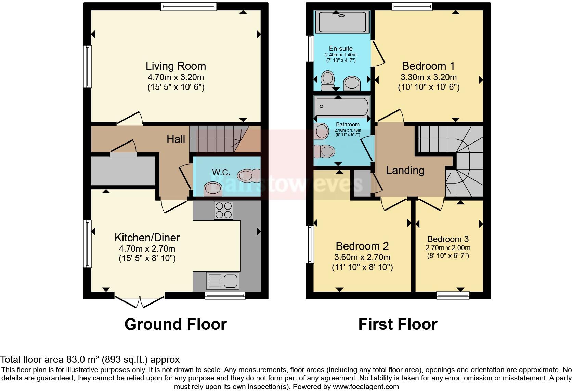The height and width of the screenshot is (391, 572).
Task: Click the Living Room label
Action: [175, 66]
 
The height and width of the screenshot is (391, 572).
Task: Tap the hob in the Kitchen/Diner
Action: [223, 210]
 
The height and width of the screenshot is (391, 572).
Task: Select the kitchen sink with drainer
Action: [222, 281]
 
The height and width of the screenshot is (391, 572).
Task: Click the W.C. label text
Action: [221, 173]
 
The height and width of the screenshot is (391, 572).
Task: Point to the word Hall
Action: [176, 139]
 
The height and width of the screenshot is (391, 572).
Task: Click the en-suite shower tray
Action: [342, 22]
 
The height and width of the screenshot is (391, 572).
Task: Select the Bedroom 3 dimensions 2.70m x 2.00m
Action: [447, 248]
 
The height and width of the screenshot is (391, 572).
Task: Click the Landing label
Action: [405, 170]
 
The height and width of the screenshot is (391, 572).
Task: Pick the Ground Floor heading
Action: [175, 324]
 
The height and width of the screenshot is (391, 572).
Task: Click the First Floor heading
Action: [398, 324]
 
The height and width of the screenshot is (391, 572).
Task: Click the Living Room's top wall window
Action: [188, 6]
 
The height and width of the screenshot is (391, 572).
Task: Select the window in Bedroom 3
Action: [453, 295]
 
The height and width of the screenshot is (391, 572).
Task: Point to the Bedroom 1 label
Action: [429, 66]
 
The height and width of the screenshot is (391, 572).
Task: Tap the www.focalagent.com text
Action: [365, 387]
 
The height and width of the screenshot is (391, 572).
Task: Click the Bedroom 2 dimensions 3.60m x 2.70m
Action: [362, 257]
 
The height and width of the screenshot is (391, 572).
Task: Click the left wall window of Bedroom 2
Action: [310, 244]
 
